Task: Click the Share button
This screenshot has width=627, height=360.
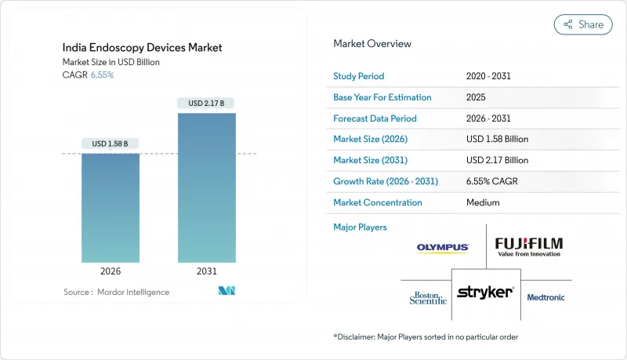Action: (583, 24)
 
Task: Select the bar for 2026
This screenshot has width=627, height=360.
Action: (111, 208)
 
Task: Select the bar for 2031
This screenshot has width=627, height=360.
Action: (207, 188)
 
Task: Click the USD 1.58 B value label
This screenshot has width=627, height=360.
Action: (111, 144)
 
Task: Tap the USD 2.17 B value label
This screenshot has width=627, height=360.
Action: (207, 103)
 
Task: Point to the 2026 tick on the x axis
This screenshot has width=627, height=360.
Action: (111, 272)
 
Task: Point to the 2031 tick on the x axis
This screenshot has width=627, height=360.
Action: (207, 272)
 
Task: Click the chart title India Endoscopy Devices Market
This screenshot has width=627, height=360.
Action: (143, 48)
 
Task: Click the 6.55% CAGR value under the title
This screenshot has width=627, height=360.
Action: (101, 75)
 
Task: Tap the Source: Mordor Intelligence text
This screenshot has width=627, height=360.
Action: (116, 292)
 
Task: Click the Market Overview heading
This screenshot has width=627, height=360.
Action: (372, 44)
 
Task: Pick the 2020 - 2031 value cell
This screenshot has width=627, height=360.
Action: (488, 77)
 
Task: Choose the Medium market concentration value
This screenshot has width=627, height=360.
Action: (483, 202)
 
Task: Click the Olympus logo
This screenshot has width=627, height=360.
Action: (443, 248)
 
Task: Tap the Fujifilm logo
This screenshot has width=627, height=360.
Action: (528, 247)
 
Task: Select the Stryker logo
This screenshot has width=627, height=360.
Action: (485, 293)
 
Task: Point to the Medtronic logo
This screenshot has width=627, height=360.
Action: (545, 297)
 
